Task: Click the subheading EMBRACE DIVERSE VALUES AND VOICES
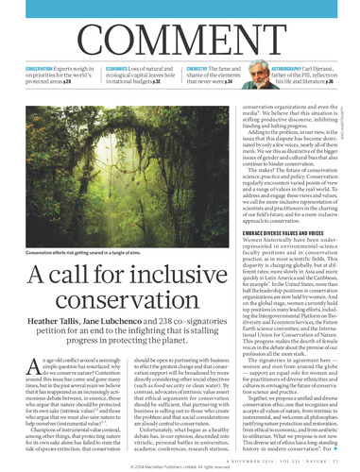[x=294, y=205]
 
